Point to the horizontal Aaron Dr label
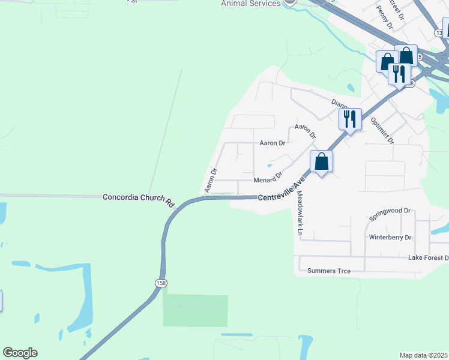pyautogui.click(x=272, y=143)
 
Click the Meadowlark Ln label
pyautogui.click(x=300, y=212)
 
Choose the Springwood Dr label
pyautogui.click(x=390, y=211)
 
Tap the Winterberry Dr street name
pyautogui.click(x=390, y=238)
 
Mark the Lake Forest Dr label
pyautogui.click(x=428, y=258)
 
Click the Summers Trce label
pyautogui.click(x=329, y=271)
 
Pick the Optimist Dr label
pyautogui.click(x=382, y=130)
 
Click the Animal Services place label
pyautogui.click(x=251, y=4)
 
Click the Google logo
pyautogui.click(x=20, y=353)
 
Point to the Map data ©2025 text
pyautogui.click(x=423, y=355)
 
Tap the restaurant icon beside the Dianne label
pyautogui.click(x=350, y=119)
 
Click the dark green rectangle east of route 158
pyautogui.click(x=196, y=311)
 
